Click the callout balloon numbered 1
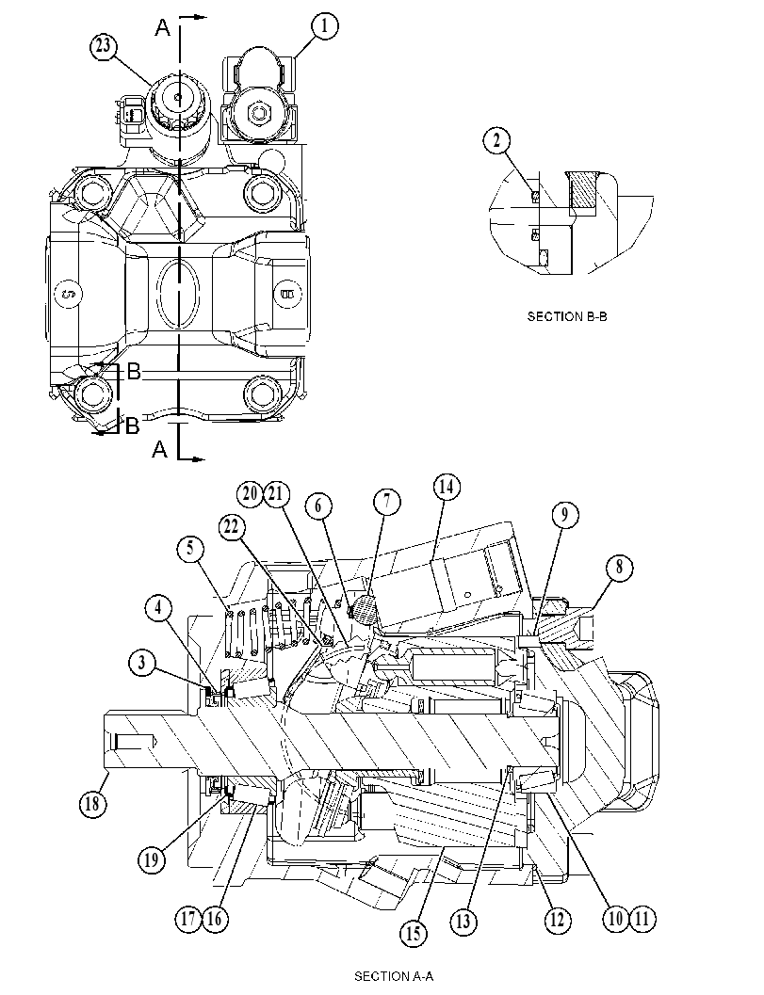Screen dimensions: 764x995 [x=324, y=26]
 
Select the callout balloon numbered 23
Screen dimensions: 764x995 [x=104, y=46]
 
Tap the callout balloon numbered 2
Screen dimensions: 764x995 [x=496, y=140]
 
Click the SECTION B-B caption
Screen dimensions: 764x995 [x=566, y=316]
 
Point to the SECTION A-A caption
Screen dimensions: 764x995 [x=394, y=976]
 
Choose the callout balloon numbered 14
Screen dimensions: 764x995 [x=447, y=488]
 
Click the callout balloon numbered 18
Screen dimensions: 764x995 [x=92, y=804]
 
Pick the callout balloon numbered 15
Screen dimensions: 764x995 [x=414, y=934]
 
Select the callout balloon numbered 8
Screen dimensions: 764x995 [x=619, y=567]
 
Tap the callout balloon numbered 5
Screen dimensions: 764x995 [x=190, y=548]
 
